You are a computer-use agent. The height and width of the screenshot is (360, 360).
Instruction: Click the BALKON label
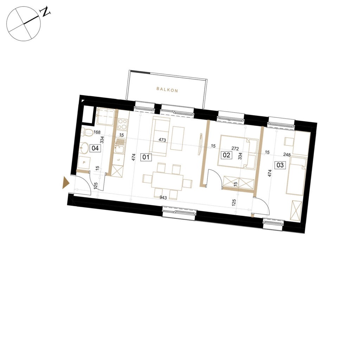[x=167, y=90]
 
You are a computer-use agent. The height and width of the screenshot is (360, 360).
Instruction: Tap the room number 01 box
[x=146, y=157]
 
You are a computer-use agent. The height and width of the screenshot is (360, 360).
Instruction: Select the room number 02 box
[x=226, y=155]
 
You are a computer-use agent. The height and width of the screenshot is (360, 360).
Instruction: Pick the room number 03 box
[x=280, y=165]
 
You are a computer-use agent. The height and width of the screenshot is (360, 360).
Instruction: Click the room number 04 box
[x=95, y=148]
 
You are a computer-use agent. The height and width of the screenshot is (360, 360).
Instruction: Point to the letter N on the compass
[x=45, y=12]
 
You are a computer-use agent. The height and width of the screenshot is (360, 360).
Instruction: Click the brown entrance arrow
[x=66, y=183]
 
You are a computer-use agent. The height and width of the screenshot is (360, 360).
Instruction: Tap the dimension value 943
[x=163, y=198]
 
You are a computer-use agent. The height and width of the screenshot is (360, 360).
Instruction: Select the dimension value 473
[x=162, y=140]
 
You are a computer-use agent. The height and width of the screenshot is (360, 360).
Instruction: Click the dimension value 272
[x=235, y=149]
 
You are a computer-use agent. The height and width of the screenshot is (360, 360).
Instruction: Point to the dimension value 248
[x=287, y=155]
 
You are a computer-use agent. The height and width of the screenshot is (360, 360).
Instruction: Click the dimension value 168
[x=97, y=132]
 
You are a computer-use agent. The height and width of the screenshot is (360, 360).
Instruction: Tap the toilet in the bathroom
[x=87, y=132]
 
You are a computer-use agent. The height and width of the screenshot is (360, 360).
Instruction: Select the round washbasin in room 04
[x=84, y=148]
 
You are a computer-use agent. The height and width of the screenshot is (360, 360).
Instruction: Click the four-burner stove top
[x=123, y=124]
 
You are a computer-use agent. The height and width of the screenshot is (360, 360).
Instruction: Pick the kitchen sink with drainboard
[x=120, y=146]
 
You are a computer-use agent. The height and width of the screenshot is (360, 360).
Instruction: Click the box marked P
[x=84, y=163]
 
